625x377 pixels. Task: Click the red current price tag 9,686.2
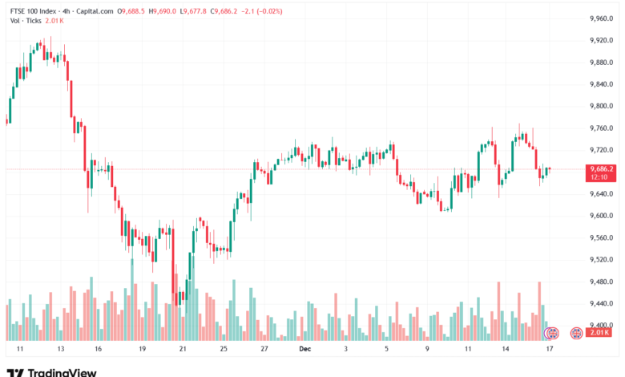click(600, 169)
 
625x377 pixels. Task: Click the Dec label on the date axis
click(304, 350)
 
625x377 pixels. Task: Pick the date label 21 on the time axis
click(183, 350)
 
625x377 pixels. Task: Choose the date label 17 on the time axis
click(550, 350)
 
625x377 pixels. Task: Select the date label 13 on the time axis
click(60, 350)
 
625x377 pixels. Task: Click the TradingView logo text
click(62, 372)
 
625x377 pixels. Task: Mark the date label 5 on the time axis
click(386, 350)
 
